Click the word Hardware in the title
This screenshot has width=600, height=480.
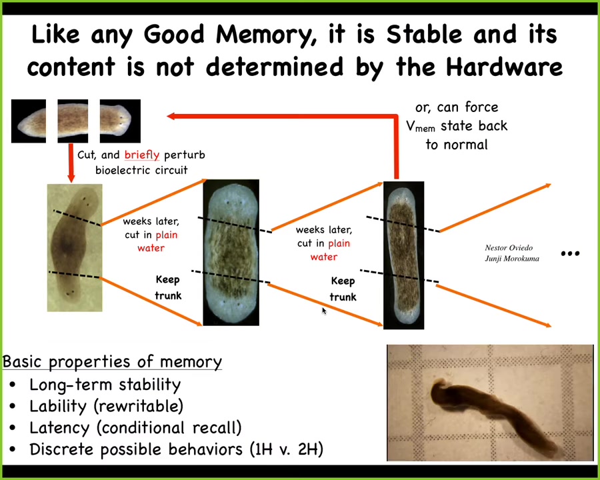pos(505,67)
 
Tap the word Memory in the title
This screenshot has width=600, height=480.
pos(263,35)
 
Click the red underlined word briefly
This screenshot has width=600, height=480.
pos(141,155)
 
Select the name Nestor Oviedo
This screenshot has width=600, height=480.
pos(509,247)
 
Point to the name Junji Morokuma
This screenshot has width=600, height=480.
pos(512,259)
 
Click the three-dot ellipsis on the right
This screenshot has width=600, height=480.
pos(570,253)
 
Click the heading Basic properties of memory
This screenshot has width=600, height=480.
pos(112,362)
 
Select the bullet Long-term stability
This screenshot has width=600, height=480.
pos(105,385)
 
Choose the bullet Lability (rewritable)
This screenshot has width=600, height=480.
pos(107,406)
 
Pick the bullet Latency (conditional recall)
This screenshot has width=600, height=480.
pos(135,427)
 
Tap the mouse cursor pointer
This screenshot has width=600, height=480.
pos(324,311)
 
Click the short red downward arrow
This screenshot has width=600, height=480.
pos(71,163)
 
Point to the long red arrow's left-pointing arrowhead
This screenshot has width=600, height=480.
pos(171,116)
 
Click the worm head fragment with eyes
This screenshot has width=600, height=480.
pos(120,121)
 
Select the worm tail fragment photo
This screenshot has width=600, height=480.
pos(29,121)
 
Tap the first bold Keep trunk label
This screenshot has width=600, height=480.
pos(168,287)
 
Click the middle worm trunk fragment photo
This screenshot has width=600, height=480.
pos(73,121)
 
